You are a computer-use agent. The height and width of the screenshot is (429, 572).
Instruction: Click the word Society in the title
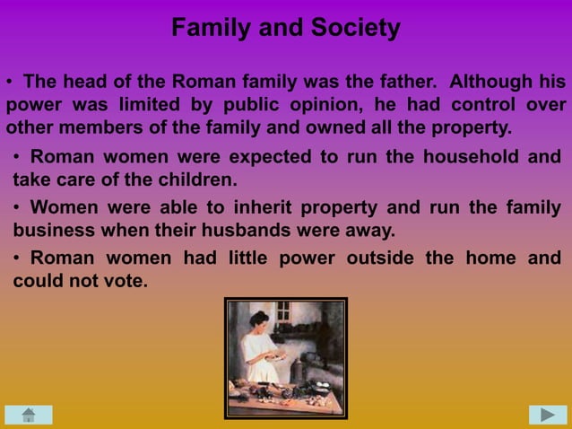click(x=353, y=29)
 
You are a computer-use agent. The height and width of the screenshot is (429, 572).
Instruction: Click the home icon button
click(x=28, y=415)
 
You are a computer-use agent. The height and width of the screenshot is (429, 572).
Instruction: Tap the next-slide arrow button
click(x=547, y=415)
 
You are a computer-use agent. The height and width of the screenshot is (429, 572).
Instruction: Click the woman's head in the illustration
click(x=260, y=320)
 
